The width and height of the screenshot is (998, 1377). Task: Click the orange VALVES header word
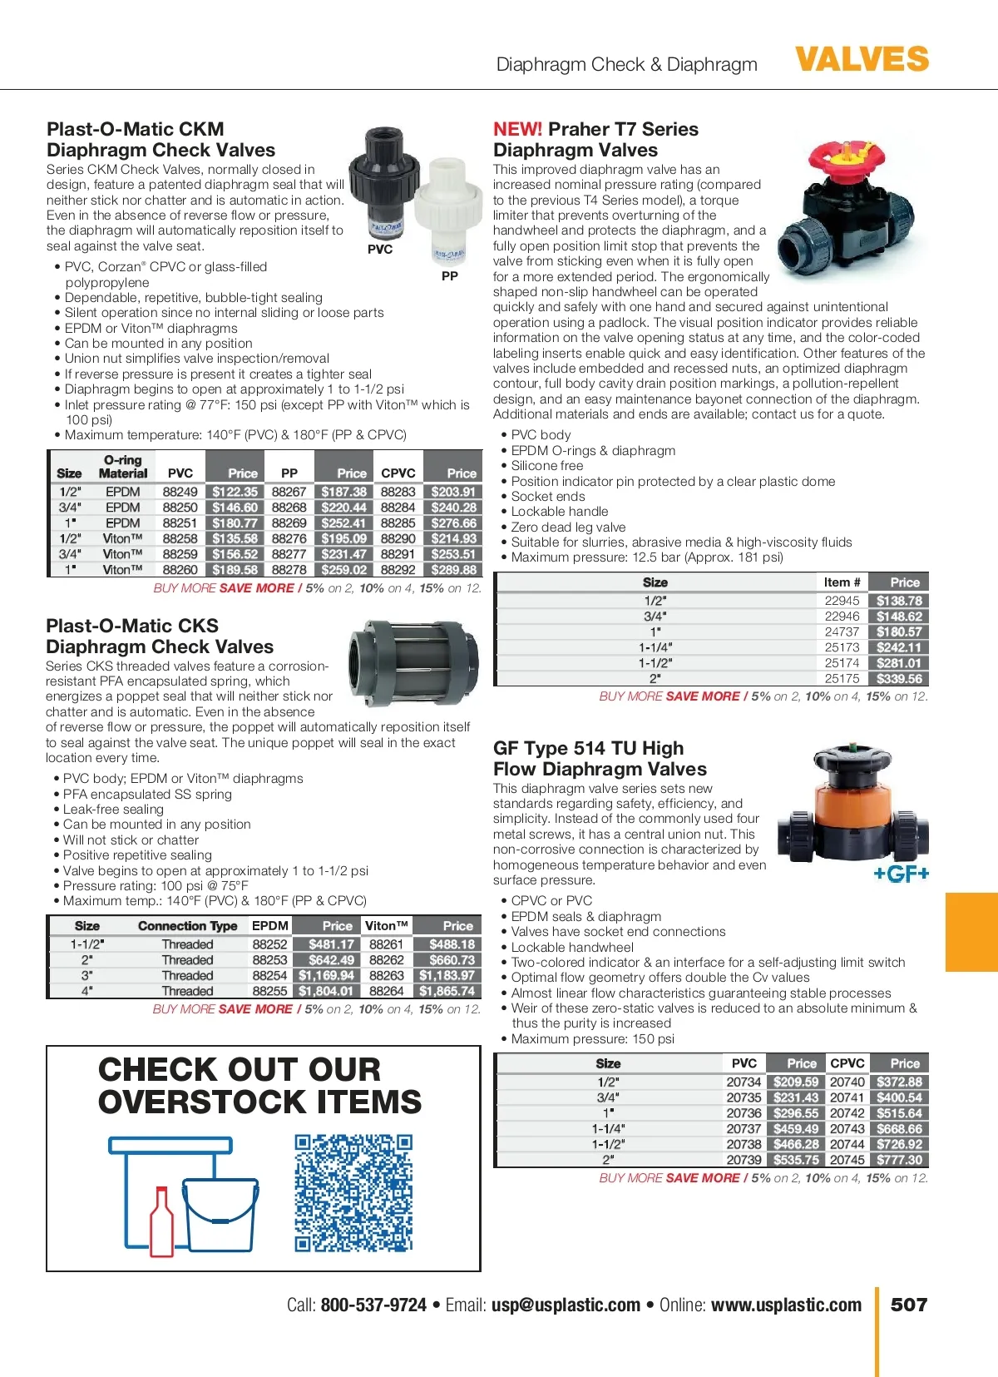(x=862, y=60)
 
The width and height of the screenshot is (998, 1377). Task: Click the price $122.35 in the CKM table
(x=235, y=492)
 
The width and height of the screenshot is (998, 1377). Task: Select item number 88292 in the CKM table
(x=398, y=570)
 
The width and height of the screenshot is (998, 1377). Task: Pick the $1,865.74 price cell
(x=447, y=991)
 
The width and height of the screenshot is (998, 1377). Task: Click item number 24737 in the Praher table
(x=842, y=632)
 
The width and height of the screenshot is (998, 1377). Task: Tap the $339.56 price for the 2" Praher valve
(x=899, y=678)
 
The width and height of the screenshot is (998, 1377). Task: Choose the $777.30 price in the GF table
(x=899, y=1159)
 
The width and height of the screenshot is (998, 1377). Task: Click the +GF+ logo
(x=901, y=874)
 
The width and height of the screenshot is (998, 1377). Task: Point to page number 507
(x=908, y=1305)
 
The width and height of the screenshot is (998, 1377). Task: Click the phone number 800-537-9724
(x=373, y=1305)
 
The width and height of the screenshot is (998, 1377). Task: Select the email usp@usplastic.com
(x=566, y=1305)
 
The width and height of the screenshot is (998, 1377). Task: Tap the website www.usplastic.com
(x=786, y=1305)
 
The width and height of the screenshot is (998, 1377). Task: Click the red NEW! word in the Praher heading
(x=517, y=130)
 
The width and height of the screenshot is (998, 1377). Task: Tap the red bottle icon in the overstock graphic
(x=161, y=1221)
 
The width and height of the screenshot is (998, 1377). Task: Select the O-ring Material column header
(x=123, y=467)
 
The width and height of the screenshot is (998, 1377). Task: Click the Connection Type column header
(x=187, y=926)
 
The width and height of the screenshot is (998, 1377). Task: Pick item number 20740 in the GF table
(x=847, y=1082)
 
